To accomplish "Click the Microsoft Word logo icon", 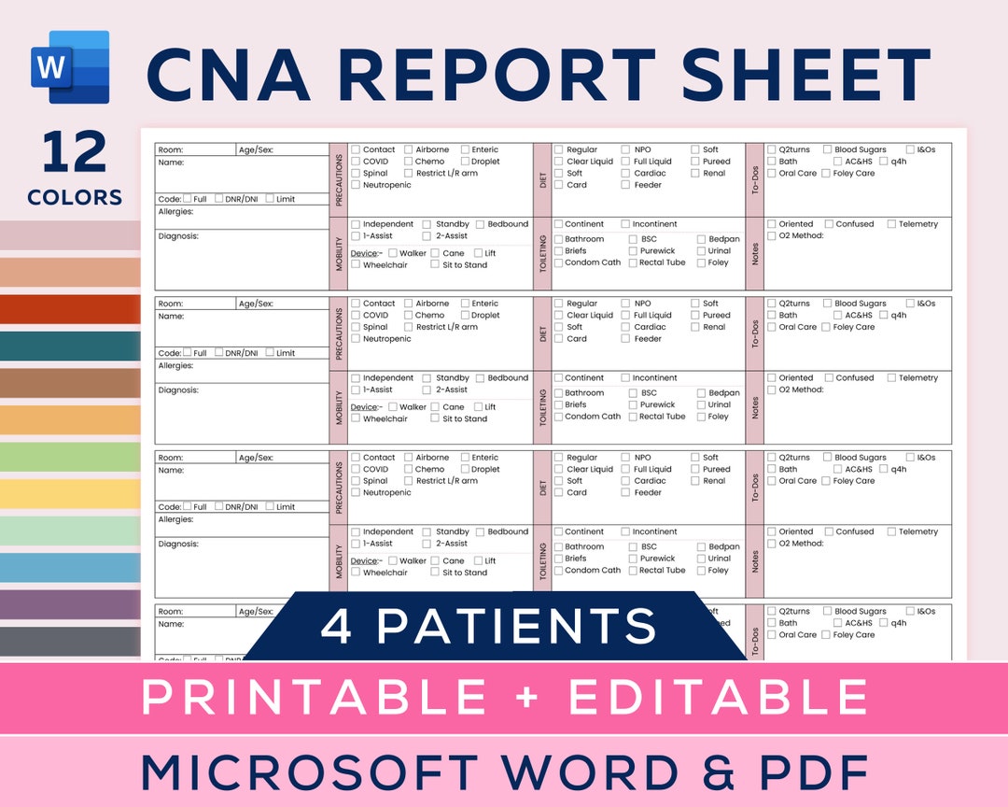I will coord(70,67).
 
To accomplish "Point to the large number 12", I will coord(75,154).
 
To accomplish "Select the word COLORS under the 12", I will coord(75,197).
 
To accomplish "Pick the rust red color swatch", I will coord(70,309).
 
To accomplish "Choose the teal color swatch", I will coord(70,346).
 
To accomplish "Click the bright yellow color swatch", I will coord(70,494).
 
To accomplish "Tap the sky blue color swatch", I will coord(70,568).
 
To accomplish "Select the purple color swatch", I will coord(70,604).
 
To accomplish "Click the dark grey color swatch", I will coord(70,641).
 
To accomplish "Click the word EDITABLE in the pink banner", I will coord(718,698).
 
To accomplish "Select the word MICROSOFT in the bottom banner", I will coord(312,772).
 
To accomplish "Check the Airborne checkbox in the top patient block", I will coord(409,149).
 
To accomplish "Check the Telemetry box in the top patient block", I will coord(892,224).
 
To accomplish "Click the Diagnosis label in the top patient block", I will coord(178,236).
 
